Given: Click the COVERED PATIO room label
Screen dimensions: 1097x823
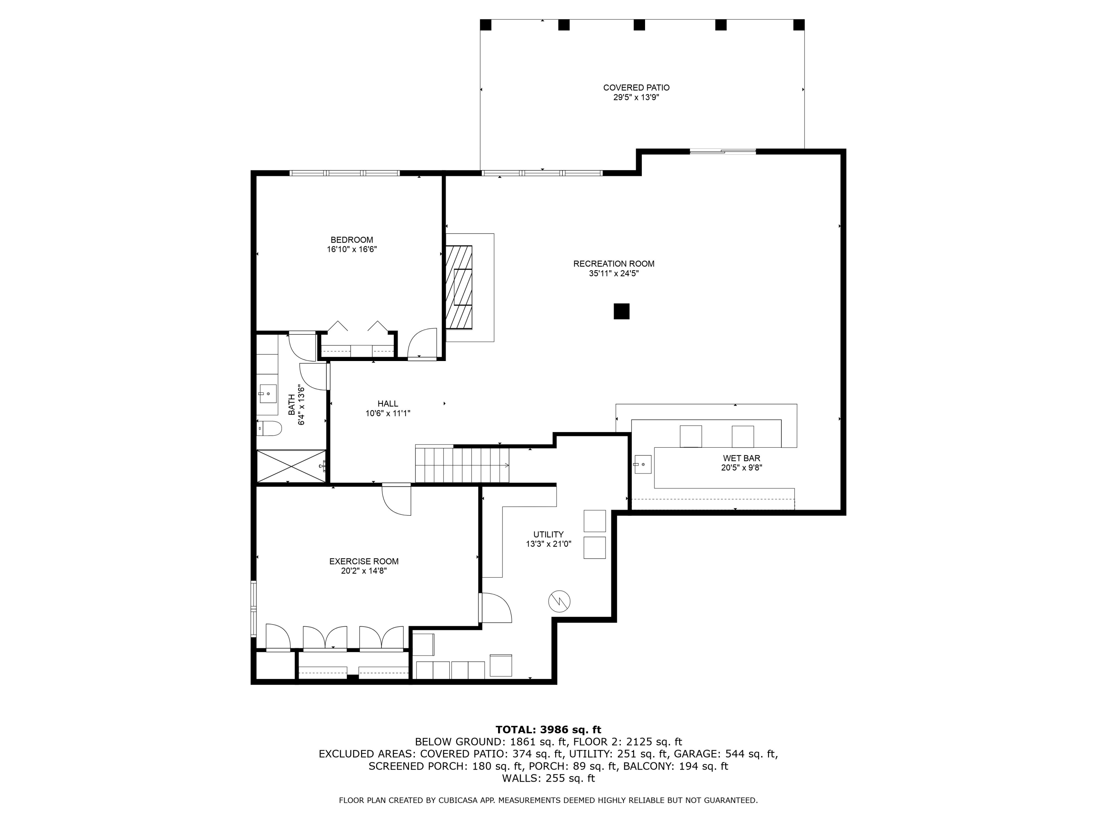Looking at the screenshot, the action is (636, 88).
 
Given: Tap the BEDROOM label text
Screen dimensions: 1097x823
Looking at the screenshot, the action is (352, 240).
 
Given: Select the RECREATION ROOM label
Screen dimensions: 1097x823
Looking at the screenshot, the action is (614, 264).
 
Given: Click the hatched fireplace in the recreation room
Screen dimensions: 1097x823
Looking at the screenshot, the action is (459, 287).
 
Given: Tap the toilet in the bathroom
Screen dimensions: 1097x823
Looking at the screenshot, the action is (269, 428).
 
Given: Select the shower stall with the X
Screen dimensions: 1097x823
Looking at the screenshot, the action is (291, 466).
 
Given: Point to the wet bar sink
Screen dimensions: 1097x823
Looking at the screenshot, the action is (643, 464).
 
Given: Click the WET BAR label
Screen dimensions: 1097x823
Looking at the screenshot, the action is (742, 458).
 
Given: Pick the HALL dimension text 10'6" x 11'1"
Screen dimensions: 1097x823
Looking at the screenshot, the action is (388, 413).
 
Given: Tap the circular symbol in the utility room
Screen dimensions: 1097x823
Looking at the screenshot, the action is (559, 602).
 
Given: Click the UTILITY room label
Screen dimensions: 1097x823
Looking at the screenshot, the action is (548, 535).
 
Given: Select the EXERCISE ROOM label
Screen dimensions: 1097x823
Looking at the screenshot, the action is (364, 561).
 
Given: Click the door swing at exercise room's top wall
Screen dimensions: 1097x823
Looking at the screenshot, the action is (397, 500).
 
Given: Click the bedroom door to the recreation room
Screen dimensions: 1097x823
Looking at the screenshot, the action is (422, 343).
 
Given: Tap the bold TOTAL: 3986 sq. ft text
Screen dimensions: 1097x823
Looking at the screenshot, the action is (548, 730).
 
